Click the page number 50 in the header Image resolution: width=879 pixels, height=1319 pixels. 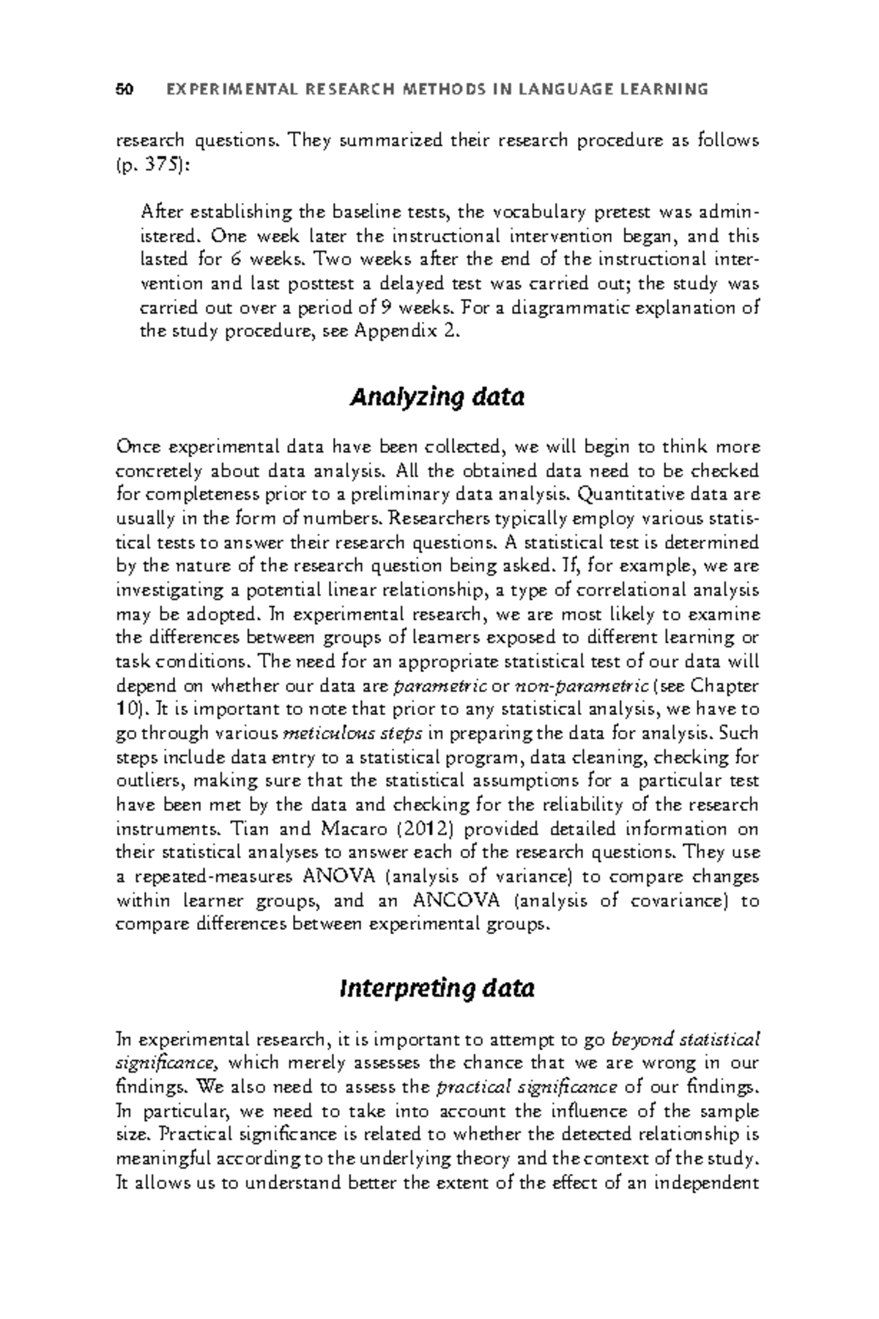click(124, 90)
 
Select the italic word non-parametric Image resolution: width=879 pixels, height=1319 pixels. click(582, 687)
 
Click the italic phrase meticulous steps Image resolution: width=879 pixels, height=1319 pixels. click(352, 734)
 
